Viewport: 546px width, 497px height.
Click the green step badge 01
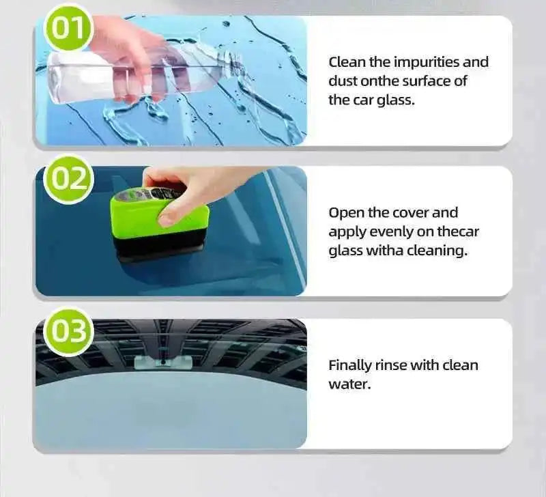pos(68,28)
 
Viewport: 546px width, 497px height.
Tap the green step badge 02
pos(68,180)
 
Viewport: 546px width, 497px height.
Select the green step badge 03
pos(68,332)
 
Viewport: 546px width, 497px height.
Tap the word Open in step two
pos(345,213)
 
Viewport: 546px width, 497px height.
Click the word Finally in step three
pos(351,365)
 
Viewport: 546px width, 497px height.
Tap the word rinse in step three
pos(395,365)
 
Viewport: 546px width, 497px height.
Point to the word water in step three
pos(349,384)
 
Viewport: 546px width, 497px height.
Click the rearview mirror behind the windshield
pos(162,362)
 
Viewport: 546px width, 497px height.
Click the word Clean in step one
pos(347,62)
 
